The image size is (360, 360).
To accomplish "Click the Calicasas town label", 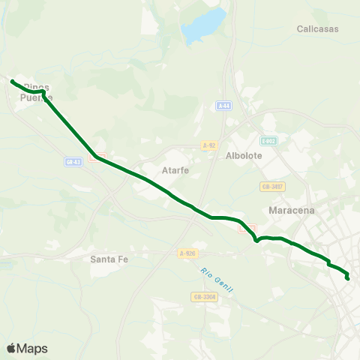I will [x=317, y=29].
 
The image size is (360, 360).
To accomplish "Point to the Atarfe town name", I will [x=175, y=170].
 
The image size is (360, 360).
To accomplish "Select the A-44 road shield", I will [x=223, y=106].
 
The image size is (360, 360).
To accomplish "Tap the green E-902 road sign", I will [x=268, y=141].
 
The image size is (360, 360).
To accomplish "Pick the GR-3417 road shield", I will [x=271, y=186].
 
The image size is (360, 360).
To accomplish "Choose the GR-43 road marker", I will [x=73, y=161].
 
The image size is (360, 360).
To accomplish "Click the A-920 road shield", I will [x=187, y=254].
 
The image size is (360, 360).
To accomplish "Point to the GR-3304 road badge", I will [x=204, y=297].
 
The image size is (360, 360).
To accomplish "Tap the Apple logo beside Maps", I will [x=11, y=348].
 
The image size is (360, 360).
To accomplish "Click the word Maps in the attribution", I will [x=32, y=349].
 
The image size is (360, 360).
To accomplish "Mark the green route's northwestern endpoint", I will [x=13, y=81].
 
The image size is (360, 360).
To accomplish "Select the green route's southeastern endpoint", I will [x=347, y=279].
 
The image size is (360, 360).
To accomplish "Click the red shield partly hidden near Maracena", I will [x=251, y=227].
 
